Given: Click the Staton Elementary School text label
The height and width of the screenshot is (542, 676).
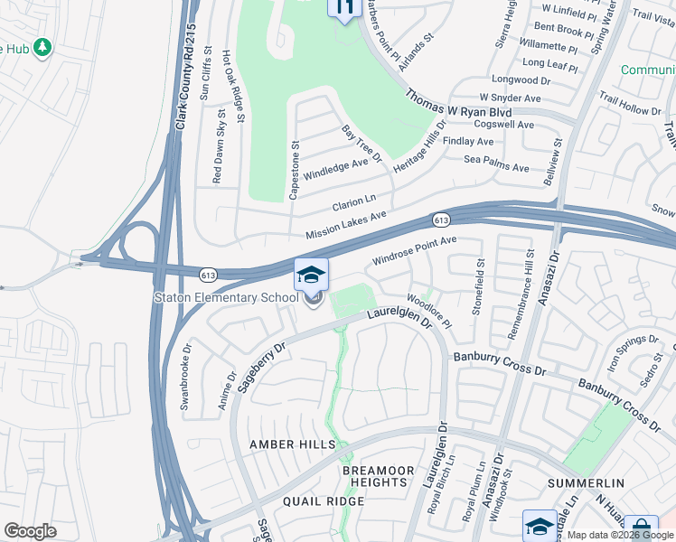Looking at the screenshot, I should pos(226,297).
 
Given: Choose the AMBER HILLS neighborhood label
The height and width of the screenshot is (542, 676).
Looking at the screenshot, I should pos(292,444).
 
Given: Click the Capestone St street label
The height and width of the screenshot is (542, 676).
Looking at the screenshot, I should pos(294,169).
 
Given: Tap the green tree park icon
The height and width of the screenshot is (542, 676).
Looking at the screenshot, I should pos(42,47).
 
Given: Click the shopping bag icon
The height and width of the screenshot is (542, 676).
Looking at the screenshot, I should pos(642,528).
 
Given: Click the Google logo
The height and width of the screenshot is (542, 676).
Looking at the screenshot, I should pos(31,531).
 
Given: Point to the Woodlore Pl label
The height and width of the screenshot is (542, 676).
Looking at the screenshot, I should pos(429,310).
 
